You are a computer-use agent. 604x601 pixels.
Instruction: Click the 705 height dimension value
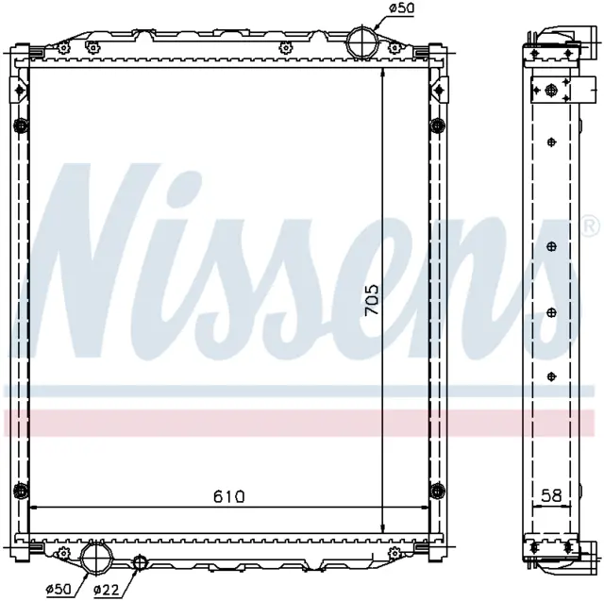click(x=372, y=299)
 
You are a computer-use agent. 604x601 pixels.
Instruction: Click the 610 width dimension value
click(x=228, y=496)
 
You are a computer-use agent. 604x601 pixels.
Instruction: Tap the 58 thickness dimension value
click(x=551, y=495)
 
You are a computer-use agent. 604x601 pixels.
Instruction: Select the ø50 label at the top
click(x=401, y=8)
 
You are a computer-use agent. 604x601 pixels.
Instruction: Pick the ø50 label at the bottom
click(x=59, y=589)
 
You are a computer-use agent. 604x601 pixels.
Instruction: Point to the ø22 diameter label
click(x=107, y=589)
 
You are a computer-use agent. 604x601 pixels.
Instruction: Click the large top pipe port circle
click(x=362, y=42)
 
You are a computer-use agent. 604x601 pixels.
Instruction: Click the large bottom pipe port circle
click(x=96, y=558)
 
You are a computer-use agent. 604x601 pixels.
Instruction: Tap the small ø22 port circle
click(x=140, y=562)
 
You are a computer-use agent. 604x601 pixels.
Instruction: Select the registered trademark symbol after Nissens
click(x=593, y=226)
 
